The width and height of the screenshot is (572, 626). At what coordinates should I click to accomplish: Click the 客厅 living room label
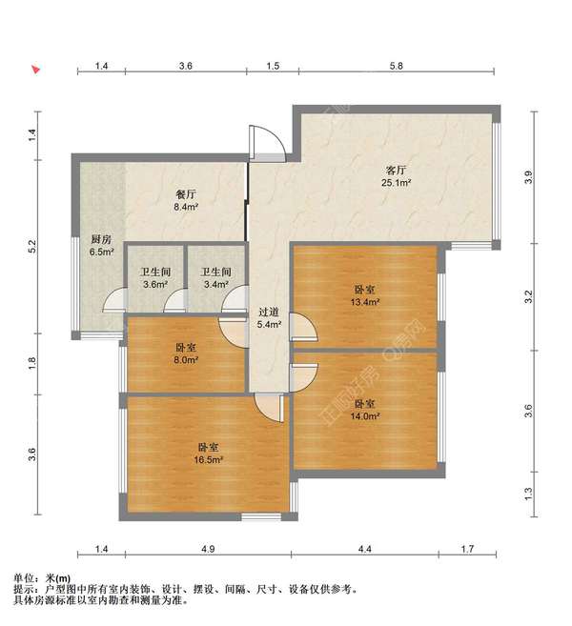396,171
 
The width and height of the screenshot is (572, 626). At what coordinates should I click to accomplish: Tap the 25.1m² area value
397,183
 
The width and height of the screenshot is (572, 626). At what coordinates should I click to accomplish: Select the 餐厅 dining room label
186,194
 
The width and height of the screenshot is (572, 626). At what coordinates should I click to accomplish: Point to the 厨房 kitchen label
101,239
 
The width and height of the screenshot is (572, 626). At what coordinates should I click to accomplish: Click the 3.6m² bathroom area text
155,285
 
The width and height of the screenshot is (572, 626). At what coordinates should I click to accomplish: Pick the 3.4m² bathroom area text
215,285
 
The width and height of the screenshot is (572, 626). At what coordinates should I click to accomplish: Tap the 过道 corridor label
269,312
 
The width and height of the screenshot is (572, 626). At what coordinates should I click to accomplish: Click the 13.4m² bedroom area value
365,302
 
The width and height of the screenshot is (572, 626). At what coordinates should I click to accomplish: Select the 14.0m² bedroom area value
365,416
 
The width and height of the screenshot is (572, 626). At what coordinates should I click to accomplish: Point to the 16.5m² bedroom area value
208,460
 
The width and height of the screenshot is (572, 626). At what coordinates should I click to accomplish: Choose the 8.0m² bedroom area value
186,360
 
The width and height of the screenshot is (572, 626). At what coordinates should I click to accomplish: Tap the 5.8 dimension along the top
397,66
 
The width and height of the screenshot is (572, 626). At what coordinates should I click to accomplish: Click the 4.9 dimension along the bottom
208,549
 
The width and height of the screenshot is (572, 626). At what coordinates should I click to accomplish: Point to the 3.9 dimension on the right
529,177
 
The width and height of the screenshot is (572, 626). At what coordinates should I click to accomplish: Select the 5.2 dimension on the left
32,246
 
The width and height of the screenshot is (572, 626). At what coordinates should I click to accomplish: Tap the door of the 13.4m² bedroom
303,327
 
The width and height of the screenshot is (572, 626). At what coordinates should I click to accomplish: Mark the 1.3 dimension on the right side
529,494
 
